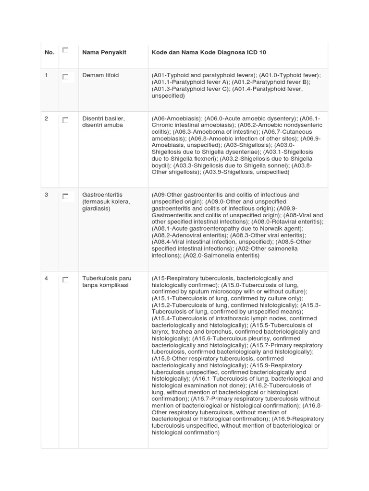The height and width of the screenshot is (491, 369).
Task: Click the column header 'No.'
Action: (x=49, y=52)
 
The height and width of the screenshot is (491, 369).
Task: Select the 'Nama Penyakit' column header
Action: (x=104, y=52)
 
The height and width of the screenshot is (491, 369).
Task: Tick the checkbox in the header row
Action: (x=65, y=49)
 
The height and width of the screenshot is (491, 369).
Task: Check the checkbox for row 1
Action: (x=65, y=76)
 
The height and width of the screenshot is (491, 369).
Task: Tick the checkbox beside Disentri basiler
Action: (x=65, y=119)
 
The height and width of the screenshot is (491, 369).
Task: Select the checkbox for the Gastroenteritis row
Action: (x=65, y=196)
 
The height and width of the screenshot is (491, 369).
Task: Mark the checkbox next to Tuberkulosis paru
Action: (x=65, y=279)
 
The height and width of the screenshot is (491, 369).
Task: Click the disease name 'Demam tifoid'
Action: (x=100, y=76)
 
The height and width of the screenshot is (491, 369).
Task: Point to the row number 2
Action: (x=47, y=118)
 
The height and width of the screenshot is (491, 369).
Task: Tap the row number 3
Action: (x=47, y=195)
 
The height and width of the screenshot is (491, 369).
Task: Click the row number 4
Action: (x=47, y=278)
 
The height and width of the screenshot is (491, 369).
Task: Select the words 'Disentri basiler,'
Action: (x=104, y=118)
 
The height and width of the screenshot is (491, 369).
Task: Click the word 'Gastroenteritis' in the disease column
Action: (x=102, y=195)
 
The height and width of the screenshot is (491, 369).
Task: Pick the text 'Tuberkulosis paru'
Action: (x=107, y=278)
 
